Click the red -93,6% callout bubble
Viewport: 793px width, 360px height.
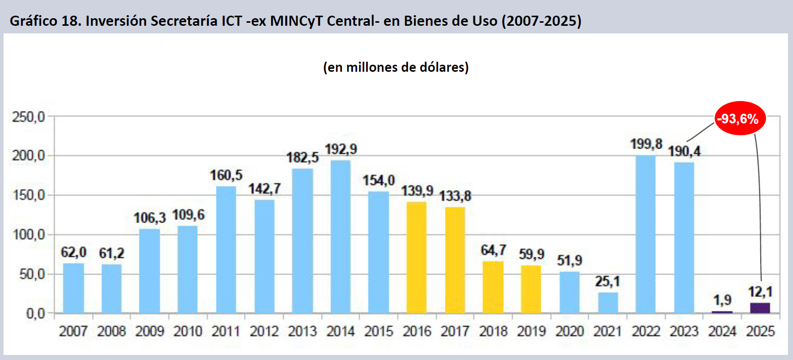point(740,119)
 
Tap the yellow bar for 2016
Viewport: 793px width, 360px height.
point(416,257)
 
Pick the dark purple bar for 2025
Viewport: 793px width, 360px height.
point(760,308)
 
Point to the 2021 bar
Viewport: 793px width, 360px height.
point(607,302)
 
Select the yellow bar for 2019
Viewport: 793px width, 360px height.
point(531,289)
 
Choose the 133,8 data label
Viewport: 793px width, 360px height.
point(455,196)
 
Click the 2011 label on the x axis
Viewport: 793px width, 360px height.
point(226,332)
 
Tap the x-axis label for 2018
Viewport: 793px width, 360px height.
point(493,332)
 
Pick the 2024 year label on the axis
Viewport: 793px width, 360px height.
point(722,332)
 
